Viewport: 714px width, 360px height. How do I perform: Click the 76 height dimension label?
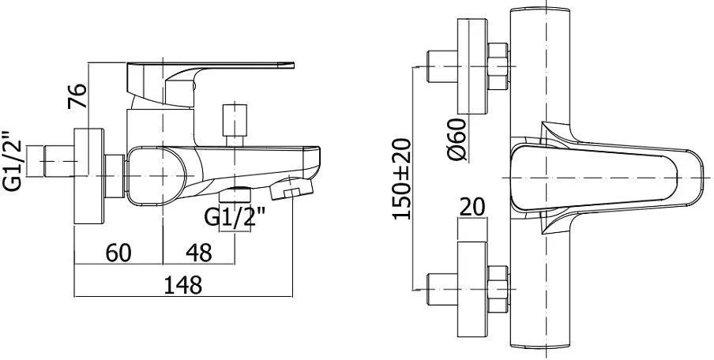click(x=77, y=96)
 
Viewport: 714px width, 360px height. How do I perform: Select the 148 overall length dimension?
click(x=182, y=285)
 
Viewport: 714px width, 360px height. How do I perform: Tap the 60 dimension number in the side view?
click(x=118, y=253)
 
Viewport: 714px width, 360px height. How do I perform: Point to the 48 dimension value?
click(x=199, y=253)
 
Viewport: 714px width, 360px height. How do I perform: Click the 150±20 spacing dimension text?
click(x=401, y=179)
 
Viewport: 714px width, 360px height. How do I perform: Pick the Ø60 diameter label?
click(x=457, y=139)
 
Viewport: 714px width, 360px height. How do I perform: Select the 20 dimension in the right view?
click(x=472, y=208)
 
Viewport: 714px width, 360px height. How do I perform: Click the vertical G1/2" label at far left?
click(x=13, y=161)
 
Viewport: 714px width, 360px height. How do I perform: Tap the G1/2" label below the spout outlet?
click(x=235, y=217)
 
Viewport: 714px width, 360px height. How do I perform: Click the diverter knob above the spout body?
click(x=235, y=126)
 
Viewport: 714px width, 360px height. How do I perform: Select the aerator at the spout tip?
click(x=291, y=189)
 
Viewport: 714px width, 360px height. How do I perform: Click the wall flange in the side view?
click(x=88, y=176)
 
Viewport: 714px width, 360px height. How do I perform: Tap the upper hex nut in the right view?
click(x=498, y=66)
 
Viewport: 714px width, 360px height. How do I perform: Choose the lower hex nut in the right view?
click(x=498, y=289)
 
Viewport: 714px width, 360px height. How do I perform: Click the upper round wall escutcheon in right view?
click(x=472, y=66)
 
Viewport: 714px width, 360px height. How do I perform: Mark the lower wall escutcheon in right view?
click(x=472, y=289)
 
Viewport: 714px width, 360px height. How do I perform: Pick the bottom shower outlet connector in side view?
click(x=235, y=196)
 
